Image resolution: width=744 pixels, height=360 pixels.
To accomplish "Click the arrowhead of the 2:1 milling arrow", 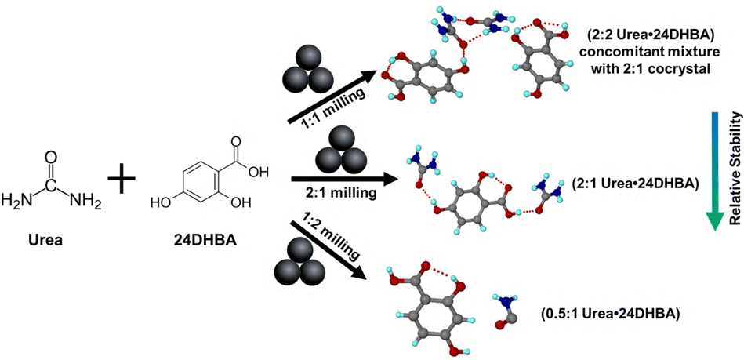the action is click(388, 180).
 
